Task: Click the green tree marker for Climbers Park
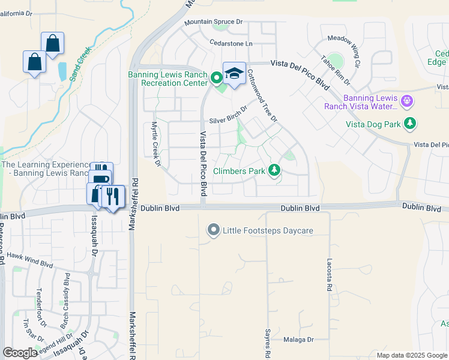(x=274, y=171)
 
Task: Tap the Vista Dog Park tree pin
(x=410, y=124)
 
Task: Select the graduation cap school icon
(x=234, y=74)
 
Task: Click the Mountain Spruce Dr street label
(x=213, y=22)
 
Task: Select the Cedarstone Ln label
(x=231, y=43)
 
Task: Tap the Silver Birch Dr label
(x=228, y=113)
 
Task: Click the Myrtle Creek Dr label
(x=155, y=144)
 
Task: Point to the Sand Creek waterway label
(x=79, y=64)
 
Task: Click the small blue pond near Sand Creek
(x=63, y=72)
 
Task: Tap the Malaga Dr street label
(x=299, y=340)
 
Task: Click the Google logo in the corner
(x=20, y=353)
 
